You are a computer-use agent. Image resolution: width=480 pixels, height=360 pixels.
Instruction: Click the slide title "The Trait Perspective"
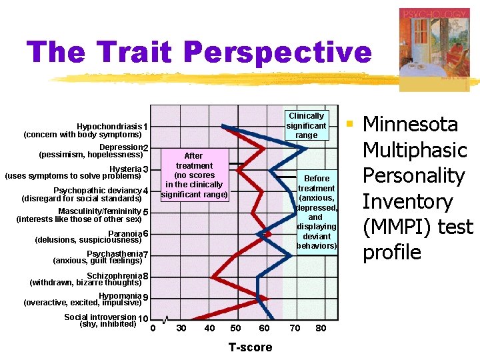point(199,52)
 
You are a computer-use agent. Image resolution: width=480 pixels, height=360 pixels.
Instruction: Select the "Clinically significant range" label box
point(306,125)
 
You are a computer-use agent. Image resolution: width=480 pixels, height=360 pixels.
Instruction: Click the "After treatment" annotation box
point(193,175)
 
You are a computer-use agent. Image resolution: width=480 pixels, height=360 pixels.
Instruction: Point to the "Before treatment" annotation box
point(316,211)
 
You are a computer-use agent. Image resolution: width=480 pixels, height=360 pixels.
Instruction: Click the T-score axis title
point(250,347)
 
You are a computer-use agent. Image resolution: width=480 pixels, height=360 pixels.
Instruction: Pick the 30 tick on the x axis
point(181,328)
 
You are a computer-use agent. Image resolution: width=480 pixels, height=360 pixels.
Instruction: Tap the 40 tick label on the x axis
point(209,328)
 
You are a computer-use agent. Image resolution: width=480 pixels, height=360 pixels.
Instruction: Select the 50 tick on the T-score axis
point(235,328)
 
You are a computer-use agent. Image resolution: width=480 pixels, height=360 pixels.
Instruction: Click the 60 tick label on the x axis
point(264,328)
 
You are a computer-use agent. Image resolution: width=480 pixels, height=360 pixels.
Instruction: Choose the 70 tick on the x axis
point(294,328)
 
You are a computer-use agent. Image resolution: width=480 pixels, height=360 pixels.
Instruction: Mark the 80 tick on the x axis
point(321,328)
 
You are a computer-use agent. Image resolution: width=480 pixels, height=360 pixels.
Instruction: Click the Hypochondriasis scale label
point(109,127)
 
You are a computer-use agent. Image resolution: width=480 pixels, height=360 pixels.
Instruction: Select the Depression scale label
point(121,147)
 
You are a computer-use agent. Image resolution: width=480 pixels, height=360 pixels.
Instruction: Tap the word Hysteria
point(125,169)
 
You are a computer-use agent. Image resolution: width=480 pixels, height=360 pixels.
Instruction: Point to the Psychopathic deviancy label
point(97,190)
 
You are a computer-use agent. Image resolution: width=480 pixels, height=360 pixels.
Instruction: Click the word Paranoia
point(124,233)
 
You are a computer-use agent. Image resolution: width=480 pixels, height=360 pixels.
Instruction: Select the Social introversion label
point(100,317)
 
